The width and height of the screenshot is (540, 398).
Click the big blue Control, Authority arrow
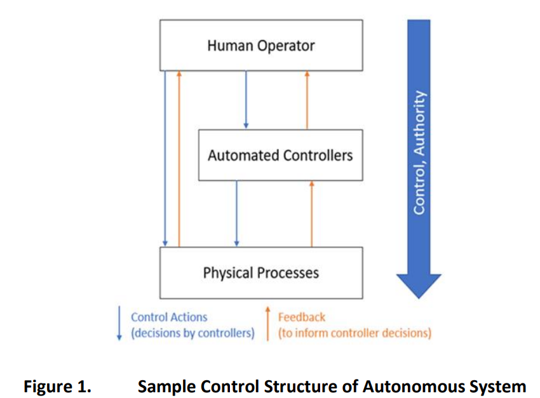pyautogui.click(x=419, y=159)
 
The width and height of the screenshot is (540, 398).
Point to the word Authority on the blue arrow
pyautogui.click(x=419, y=123)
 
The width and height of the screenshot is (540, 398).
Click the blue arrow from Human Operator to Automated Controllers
pyautogui.click(x=246, y=100)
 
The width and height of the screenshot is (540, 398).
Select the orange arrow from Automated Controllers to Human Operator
pyautogui.click(x=307, y=100)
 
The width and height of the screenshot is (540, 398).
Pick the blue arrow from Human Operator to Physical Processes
pyautogui.click(x=165, y=159)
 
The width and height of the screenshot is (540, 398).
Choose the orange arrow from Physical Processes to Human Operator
pyautogui.click(x=179, y=159)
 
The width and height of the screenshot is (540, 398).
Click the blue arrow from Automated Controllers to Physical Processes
pyautogui.click(x=236, y=214)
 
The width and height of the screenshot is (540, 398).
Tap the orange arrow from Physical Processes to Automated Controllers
pyautogui.click(x=312, y=214)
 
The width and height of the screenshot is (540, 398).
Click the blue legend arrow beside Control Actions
pyautogui.click(x=119, y=323)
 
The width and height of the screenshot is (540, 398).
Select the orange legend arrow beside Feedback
pyautogui.click(x=267, y=323)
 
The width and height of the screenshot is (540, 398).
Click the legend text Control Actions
pyautogui.click(x=169, y=317)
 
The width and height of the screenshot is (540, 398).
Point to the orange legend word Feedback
pyautogui.click(x=302, y=317)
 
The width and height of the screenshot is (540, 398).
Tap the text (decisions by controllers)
pyautogui.click(x=192, y=333)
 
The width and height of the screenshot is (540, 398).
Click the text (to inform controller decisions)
pyautogui.click(x=354, y=333)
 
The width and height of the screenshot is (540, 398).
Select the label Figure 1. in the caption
pyautogui.click(x=58, y=387)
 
